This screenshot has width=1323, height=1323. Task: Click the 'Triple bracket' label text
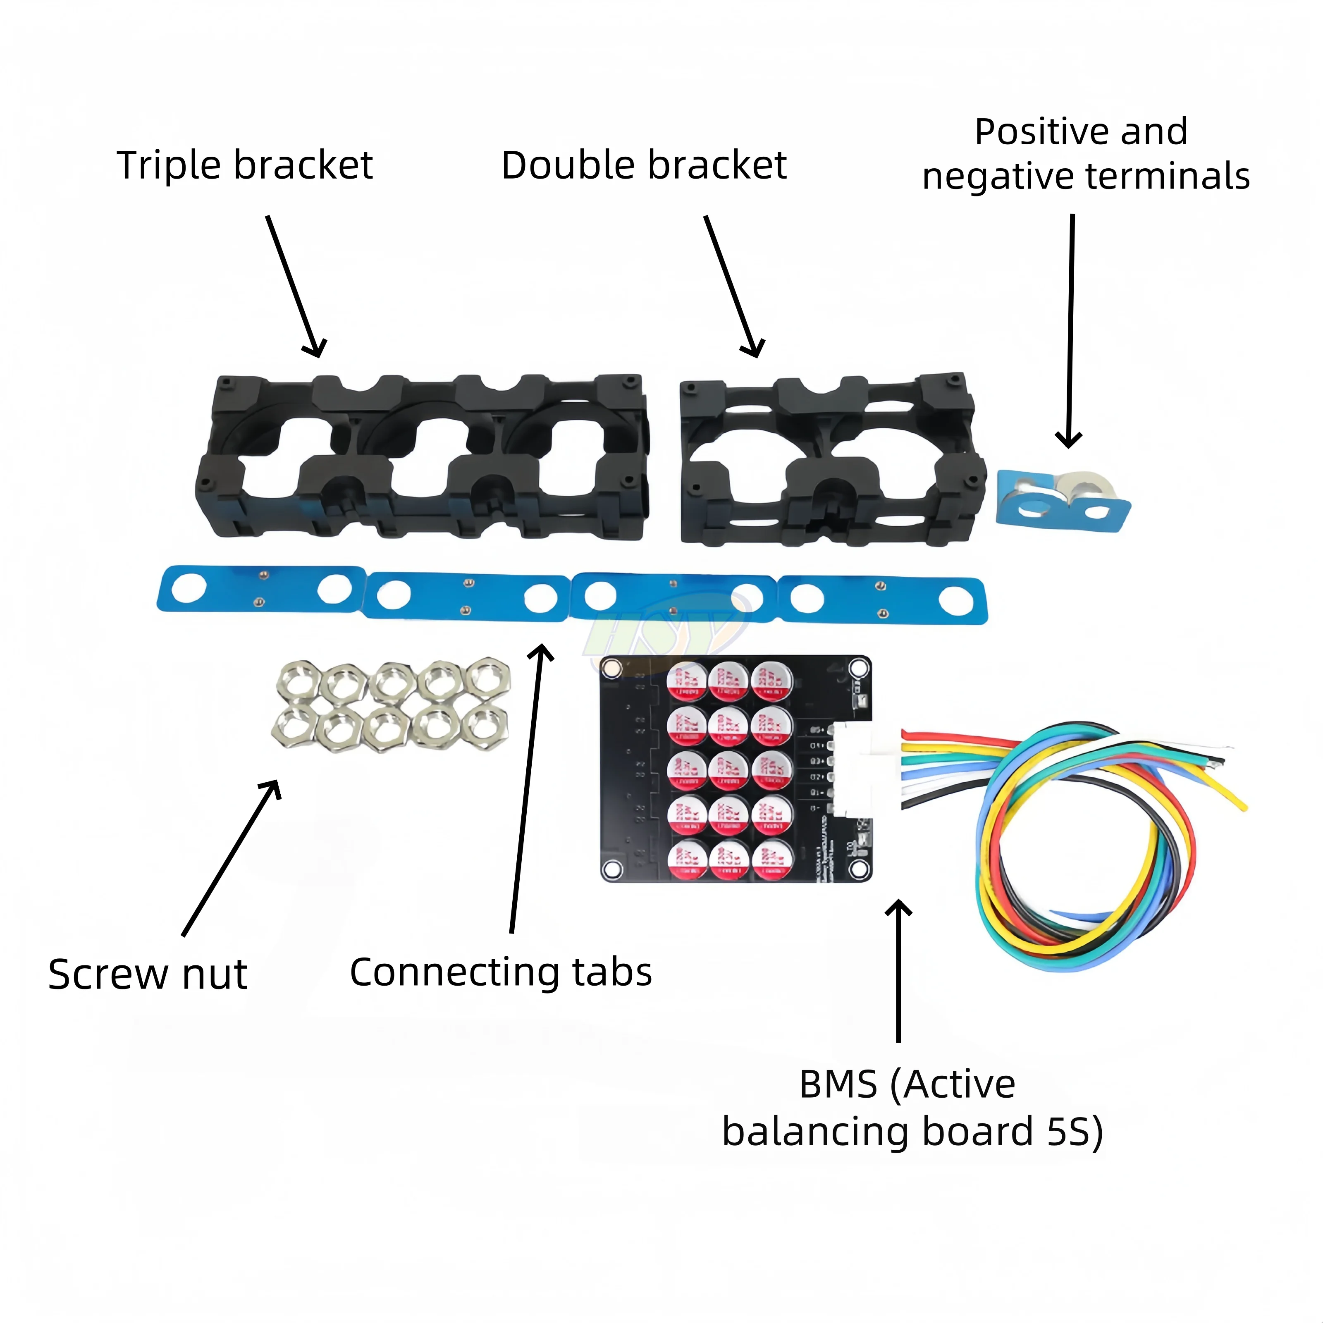244,166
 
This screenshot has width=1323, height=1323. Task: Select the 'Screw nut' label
147,974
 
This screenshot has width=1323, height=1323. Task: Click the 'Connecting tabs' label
501,972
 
